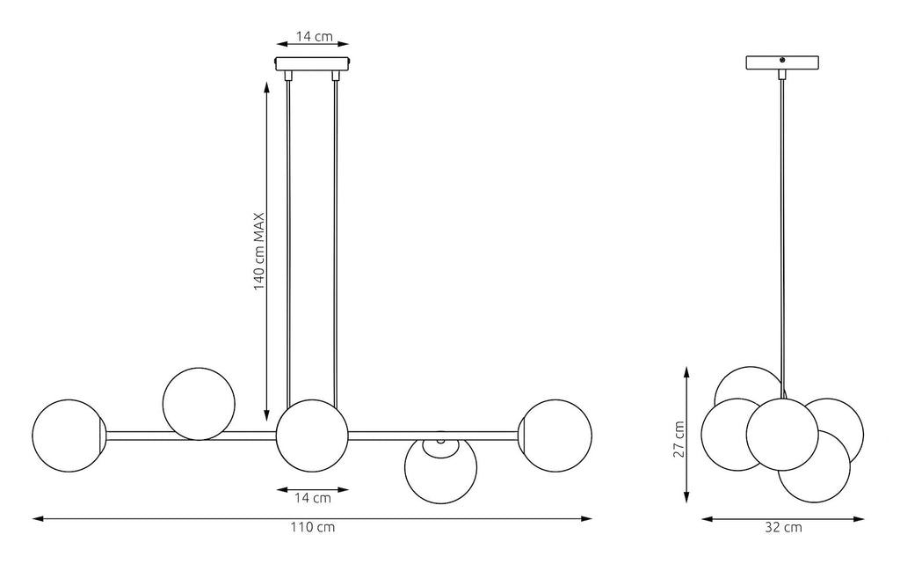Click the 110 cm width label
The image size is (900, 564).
pos(312,527)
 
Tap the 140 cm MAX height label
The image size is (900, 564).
pos(259,251)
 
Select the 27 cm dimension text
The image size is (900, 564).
pos(679,439)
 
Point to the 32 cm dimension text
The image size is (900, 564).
pos(783,527)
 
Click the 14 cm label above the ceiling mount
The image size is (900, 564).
pos(314,36)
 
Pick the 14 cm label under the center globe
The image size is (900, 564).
pos(313,498)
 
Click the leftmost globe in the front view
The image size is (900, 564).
pos(69,436)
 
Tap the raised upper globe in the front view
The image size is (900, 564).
pos(199,405)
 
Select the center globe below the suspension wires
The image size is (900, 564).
pos(312,436)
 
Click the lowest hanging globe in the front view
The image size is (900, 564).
pos(441,468)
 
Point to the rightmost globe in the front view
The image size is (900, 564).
pos(555,436)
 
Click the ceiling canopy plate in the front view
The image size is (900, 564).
pos(313,63)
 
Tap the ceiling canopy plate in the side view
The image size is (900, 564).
pos(781,62)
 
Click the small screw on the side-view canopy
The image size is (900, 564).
pos(781,59)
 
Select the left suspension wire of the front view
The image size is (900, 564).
pos(288,240)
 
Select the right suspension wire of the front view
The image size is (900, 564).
pos(335,241)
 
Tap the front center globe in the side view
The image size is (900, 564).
pos(782,433)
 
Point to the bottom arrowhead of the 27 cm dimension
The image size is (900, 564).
pos(687,497)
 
